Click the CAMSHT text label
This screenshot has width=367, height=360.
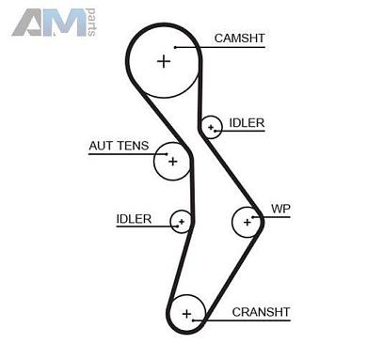pyautogui.click(x=239, y=39)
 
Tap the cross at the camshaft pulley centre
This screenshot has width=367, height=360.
pyautogui.click(x=165, y=61)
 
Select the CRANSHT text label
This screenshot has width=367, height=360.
pyautogui.click(x=261, y=311)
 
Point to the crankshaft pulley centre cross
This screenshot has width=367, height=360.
pyautogui.click(x=186, y=312)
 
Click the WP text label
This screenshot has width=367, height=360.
pyautogui.click(x=280, y=208)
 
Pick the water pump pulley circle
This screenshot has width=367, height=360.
pyautogui.click(x=247, y=222)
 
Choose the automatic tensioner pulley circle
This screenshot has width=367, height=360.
pyautogui.click(x=171, y=161)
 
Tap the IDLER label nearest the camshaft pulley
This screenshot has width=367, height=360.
pyautogui.click(x=247, y=123)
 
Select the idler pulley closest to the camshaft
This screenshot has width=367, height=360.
pyautogui.click(x=212, y=125)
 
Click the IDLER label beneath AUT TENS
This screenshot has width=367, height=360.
pyautogui.click(x=134, y=219)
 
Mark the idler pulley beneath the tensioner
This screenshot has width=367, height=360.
pyautogui.click(x=181, y=222)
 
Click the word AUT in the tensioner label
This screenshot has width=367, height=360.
pyautogui.click(x=104, y=146)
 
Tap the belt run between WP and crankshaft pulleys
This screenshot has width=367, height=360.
pyautogui.click(x=226, y=273)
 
